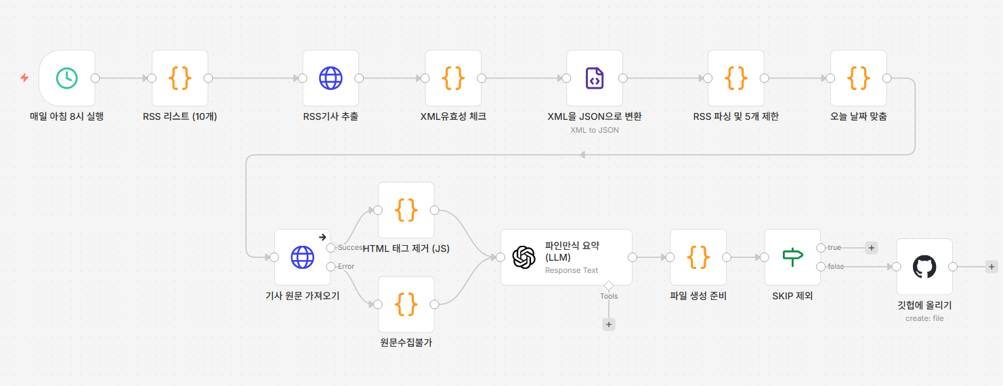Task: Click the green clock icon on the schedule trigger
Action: point(67,79)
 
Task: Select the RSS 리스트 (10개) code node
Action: point(180,79)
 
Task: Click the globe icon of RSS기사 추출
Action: point(331,79)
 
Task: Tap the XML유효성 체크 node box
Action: point(453,79)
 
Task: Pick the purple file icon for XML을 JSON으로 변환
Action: point(595,79)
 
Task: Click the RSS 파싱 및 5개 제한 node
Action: point(736,79)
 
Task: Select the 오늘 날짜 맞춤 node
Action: point(858,79)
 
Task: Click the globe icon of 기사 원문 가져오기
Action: point(303,257)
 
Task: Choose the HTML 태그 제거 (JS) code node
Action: point(406,210)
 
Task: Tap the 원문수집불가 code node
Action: point(406,305)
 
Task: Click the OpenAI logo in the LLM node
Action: point(524,257)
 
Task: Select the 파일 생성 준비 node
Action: point(698,257)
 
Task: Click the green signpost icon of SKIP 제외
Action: point(792,257)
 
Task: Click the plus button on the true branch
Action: point(872,248)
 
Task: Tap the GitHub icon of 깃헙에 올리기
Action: point(924,267)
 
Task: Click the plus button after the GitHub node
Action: point(991,267)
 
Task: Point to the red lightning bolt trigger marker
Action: point(24,78)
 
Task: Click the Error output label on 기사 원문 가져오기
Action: point(346,266)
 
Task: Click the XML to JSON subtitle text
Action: point(595,130)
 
